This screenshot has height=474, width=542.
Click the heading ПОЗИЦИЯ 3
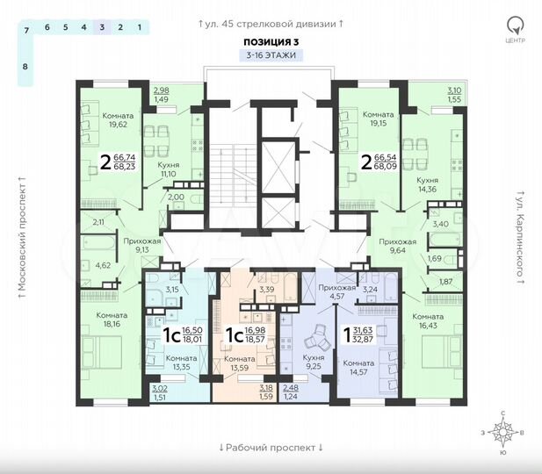click(x=271, y=40)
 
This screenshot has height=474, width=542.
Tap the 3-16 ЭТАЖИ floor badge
click(x=271, y=54)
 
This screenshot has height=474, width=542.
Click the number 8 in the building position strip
click(x=25, y=66)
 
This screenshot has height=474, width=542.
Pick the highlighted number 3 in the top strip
click(x=103, y=28)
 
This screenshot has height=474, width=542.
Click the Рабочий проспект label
click(x=271, y=447)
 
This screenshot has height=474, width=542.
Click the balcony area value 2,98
click(x=162, y=90)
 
